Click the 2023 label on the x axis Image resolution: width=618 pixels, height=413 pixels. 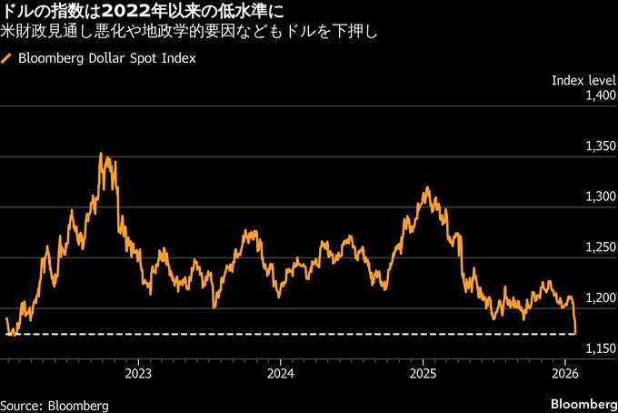point(138,373)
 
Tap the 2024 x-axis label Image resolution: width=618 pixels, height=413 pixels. point(281,373)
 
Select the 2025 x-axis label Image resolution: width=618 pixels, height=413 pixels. point(424,373)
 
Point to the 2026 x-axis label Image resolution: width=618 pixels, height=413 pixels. point(566,373)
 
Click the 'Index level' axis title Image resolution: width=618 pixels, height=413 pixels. point(584,80)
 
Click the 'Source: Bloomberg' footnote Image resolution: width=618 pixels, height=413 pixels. point(55,404)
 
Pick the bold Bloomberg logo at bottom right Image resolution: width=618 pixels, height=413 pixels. point(583,403)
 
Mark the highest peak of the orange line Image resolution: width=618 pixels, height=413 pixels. point(101,154)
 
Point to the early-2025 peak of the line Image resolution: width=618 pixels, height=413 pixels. point(426,188)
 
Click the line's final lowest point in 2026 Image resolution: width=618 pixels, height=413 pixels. point(576,333)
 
